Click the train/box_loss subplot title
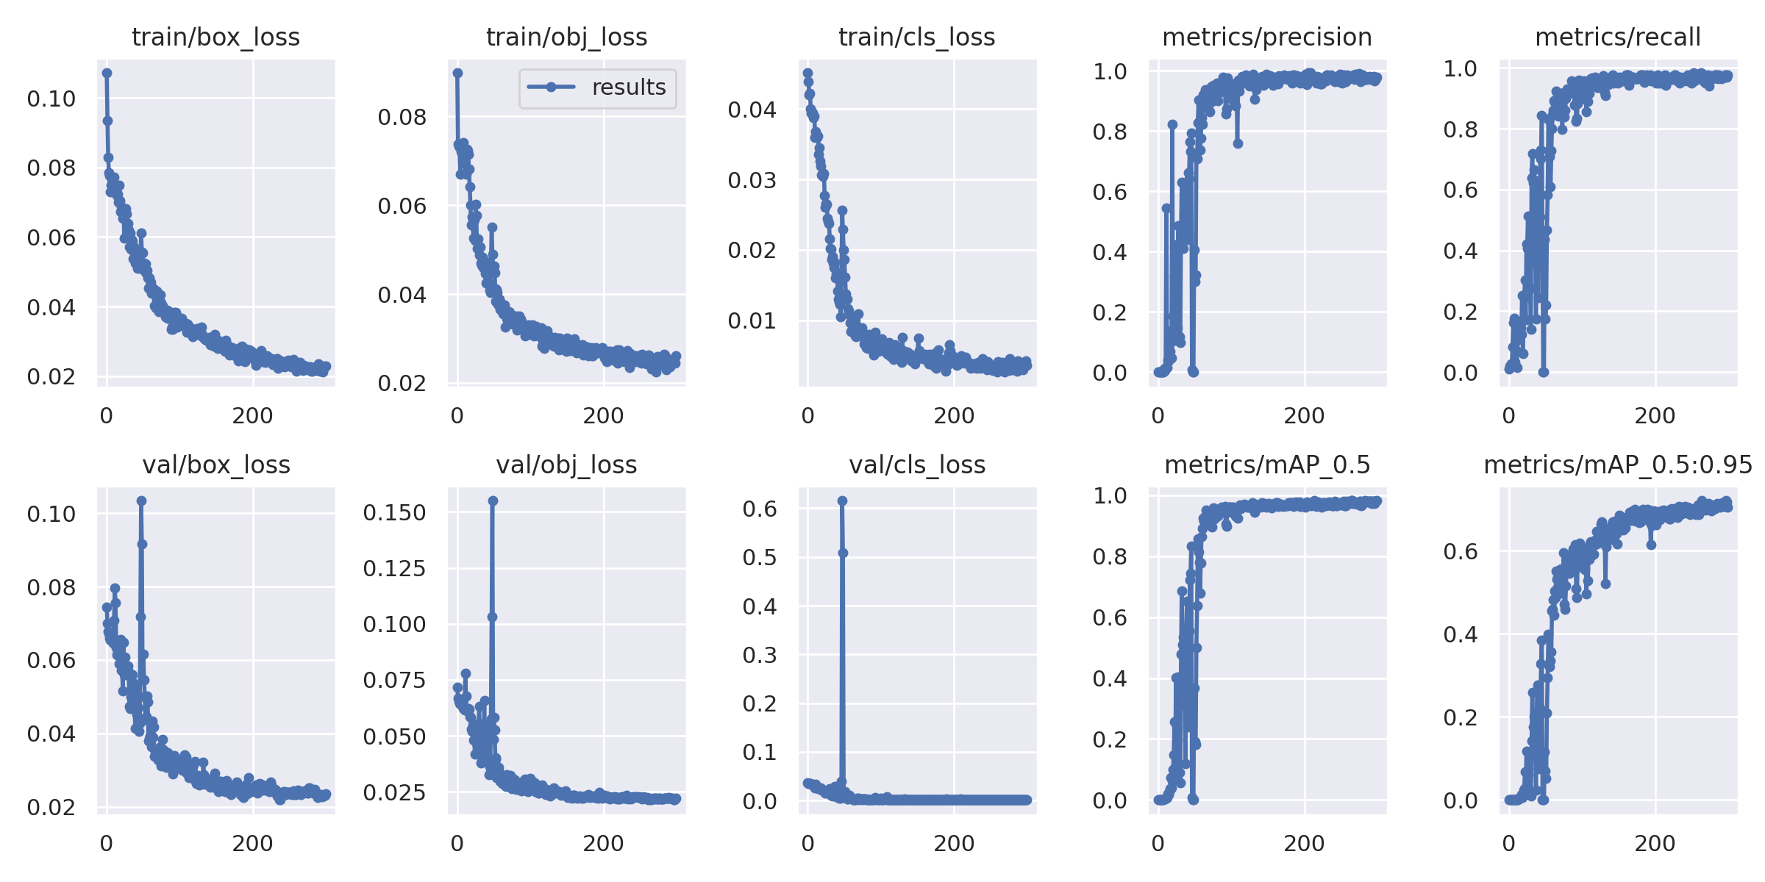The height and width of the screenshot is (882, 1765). tap(215, 37)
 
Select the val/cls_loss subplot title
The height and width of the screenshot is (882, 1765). tap(917, 465)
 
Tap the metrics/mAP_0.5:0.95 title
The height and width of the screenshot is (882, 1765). tap(1618, 465)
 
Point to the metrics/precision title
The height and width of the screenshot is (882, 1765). tap(1267, 37)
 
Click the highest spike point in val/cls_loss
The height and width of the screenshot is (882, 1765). tap(842, 501)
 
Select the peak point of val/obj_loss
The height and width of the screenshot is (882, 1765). tap(493, 501)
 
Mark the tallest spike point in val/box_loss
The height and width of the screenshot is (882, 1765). tap(141, 501)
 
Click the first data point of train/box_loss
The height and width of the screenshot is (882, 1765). tap(107, 73)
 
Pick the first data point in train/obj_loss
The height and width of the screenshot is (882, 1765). tap(457, 73)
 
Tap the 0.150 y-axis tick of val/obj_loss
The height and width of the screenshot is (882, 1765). tap(394, 512)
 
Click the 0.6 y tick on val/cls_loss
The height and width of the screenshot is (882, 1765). tap(760, 509)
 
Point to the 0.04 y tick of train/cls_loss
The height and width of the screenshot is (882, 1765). tap(752, 110)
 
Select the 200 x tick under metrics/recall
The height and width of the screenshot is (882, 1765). tap(1655, 416)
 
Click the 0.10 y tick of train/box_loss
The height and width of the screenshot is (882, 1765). tap(51, 98)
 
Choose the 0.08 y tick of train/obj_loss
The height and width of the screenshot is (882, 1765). tap(402, 117)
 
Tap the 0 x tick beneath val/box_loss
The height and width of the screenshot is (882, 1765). tap(107, 844)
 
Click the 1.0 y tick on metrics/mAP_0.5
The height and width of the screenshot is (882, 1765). tap(1110, 496)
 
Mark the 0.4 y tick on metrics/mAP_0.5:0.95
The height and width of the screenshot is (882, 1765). tap(1461, 634)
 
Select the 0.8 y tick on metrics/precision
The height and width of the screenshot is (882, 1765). tap(1110, 132)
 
